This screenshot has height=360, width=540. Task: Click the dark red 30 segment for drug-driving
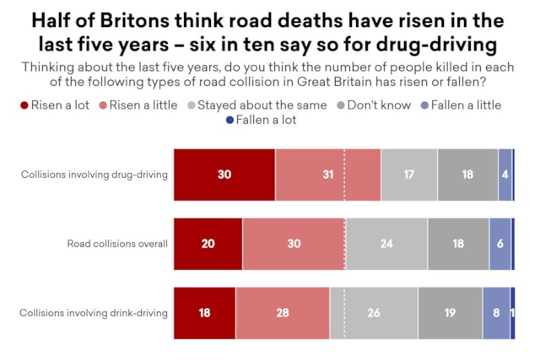click(224, 175)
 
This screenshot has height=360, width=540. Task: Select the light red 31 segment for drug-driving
click(328, 175)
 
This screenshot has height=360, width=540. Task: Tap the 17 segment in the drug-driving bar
click(409, 175)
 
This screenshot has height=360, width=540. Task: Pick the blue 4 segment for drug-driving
click(505, 175)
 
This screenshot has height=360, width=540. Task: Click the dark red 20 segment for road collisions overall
click(208, 244)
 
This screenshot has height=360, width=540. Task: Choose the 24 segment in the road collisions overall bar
click(386, 244)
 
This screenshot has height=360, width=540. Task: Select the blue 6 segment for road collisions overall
click(500, 244)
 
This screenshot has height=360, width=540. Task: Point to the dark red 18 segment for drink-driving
click(204, 313)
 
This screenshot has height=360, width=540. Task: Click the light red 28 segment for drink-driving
click(283, 313)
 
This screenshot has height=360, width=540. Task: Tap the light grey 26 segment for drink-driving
click(374, 313)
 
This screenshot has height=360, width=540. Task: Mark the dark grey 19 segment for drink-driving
click(450, 313)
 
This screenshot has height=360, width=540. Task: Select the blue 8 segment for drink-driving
click(496, 313)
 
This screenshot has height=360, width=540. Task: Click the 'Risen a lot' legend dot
click(24, 105)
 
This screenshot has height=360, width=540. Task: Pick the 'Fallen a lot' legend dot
click(229, 120)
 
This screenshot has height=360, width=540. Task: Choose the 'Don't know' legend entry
click(374, 105)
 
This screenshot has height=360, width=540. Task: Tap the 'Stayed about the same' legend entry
click(257, 105)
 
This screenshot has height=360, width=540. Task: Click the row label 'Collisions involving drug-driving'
click(94, 175)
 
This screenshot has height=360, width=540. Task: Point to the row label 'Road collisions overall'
click(117, 244)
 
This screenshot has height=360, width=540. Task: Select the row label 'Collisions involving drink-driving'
click(94, 313)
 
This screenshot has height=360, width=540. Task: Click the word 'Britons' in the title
click(135, 20)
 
